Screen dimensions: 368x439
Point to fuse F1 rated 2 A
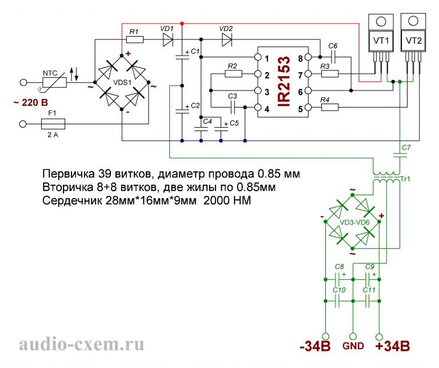tap(54, 123)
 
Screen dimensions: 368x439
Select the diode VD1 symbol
tap(168, 39)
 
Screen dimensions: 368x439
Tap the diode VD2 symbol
tap(226, 39)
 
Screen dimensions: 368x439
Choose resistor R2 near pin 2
tap(232, 74)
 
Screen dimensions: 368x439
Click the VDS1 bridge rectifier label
tap(123, 82)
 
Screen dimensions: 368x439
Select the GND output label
tap(353, 347)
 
